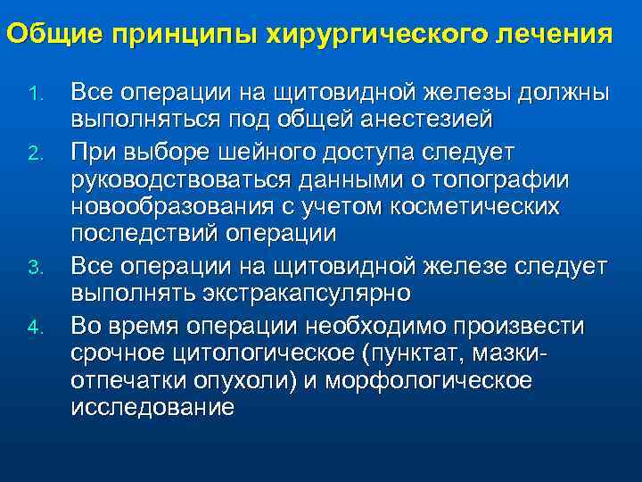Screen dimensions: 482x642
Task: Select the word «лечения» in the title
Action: pyautogui.click(x=557, y=35)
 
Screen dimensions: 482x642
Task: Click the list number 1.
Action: pyautogui.click(x=35, y=94)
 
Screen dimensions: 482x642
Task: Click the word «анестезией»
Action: pyautogui.click(x=416, y=120)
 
